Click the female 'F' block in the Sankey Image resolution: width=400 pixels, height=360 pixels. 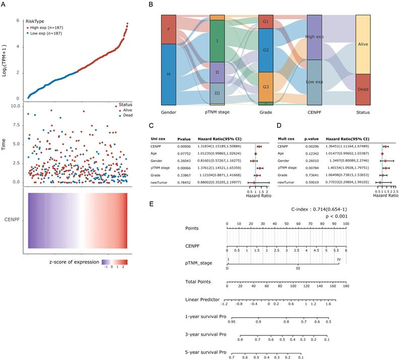pyautogui.click(x=169, y=29)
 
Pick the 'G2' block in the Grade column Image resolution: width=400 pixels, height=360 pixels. pyautogui.click(x=266, y=50)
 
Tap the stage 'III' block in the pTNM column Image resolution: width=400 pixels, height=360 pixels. pyautogui.click(x=217, y=93)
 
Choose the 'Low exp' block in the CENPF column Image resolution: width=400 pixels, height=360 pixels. pyautogui.click(x=314, y=83)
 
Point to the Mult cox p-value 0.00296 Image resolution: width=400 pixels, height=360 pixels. pyautogui.click(x=310, y=146)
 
